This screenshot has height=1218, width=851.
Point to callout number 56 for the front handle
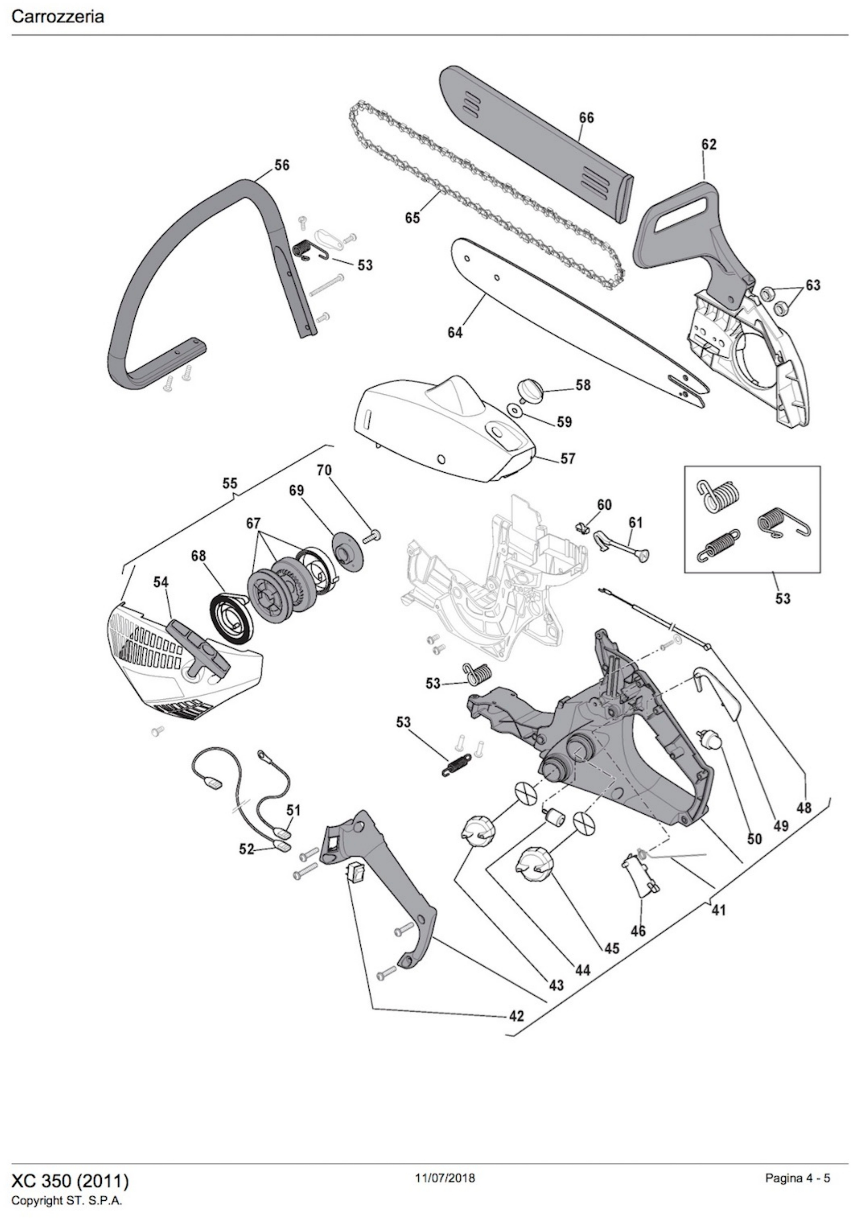tap(282, 165)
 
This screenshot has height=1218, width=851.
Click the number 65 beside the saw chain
tap(412, 218)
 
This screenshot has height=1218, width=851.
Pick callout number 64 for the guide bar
tap(455, 333)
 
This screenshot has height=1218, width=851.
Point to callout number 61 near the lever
tap(635, 522)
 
